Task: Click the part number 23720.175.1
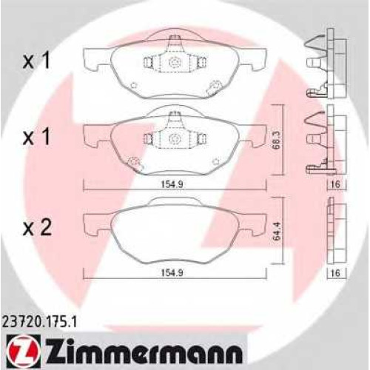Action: [x=39, y=322]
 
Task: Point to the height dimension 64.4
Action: [x=277, y=231]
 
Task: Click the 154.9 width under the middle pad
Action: [x=172, y=184]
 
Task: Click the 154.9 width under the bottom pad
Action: [x=172, y=273]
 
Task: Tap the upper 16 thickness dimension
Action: [x=336, y=184]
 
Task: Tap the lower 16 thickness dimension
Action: [x=336, y=273]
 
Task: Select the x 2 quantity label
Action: [x=37, y=227]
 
